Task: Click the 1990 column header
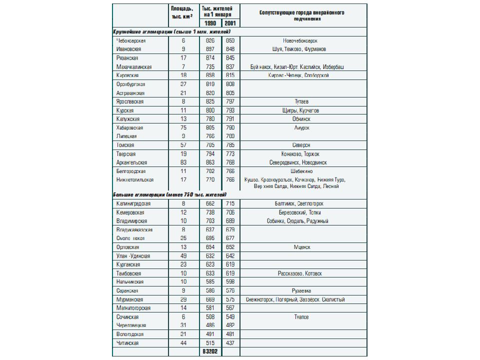pyautogui.click(x=210, y=23)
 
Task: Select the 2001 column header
pyautogui.click(x=230, y=23)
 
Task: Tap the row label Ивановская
pyautogui.click(x=128, y=49)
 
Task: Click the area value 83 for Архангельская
pyautogui.click(x=183, y=162)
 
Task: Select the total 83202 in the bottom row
pyautogui.click(x=210, y=352)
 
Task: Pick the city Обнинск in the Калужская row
pyautogui.click(x=301, y=119)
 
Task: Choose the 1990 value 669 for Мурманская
pyautogui.click(x=210, y=299)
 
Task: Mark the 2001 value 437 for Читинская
pyautogui.click(x=230, y=343)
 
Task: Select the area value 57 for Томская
pyautogui.click(x=183, y=145)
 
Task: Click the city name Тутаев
pyautogui.click(x=301, y=101)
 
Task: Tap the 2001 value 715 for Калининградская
pyautogui.click(x=230, y=203)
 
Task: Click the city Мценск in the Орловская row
pyautogui.click(x=301, y=247)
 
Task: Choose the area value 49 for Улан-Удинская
pyautogui.click(x=183, y=256)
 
